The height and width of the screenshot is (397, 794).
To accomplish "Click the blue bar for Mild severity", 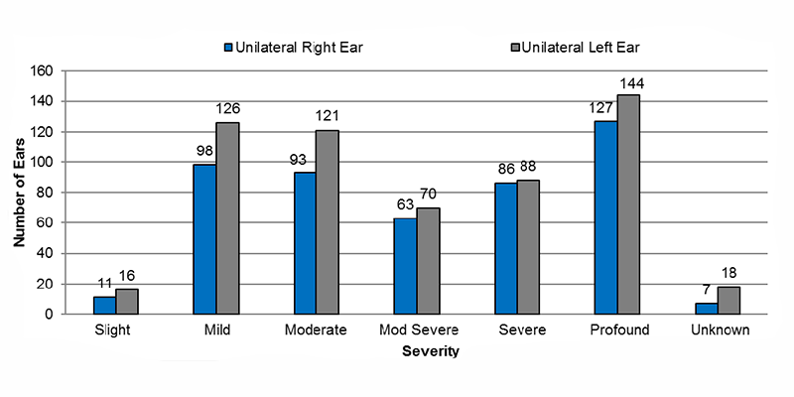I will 204,239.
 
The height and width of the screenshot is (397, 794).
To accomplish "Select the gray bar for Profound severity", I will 628,204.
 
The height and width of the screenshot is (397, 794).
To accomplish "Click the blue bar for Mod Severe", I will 405,266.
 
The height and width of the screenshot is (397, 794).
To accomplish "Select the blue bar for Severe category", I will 505,248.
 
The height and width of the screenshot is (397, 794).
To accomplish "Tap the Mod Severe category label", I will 416,330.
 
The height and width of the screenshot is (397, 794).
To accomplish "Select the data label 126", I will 228,109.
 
